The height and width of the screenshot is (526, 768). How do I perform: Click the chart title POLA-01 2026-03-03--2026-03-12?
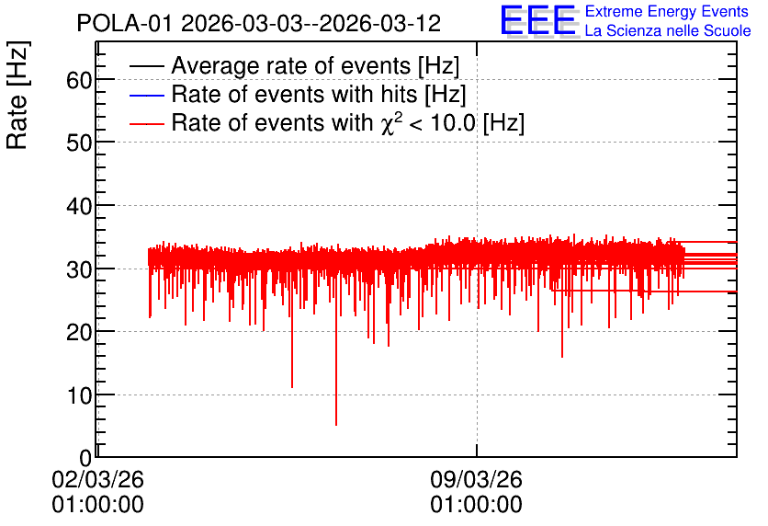[x=259, y=23]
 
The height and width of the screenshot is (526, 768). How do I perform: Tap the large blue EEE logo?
[x=538, y=20]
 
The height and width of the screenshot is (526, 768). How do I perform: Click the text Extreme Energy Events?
[x=667, y=11]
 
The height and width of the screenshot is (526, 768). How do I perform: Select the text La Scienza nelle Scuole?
[x=668, y=30]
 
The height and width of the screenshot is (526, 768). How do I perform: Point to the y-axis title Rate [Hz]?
[x=17, y=95]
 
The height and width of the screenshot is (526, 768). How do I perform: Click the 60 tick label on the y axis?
[x=79, y=80]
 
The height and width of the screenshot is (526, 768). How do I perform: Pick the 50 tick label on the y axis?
[x=79, y=143]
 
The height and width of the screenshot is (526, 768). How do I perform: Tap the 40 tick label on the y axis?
[x=79, y=206]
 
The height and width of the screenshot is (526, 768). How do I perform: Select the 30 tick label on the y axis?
[x=79, y=269]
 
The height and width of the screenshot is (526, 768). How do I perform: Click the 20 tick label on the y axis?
[x=79, y=332]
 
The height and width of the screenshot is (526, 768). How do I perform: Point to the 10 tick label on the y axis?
[x=79, y=395]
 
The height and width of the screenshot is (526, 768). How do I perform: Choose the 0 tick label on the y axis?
[x=85, y=458]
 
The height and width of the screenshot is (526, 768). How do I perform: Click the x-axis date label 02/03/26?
[x=98, y=479]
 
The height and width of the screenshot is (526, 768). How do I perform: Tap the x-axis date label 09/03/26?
[x=477, y=479]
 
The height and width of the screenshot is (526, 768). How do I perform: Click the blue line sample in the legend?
[x=146, y=95]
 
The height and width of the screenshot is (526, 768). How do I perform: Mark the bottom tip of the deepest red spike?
[x=336, y=425]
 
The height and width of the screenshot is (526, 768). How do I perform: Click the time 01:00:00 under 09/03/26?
[x=477, y=505]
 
